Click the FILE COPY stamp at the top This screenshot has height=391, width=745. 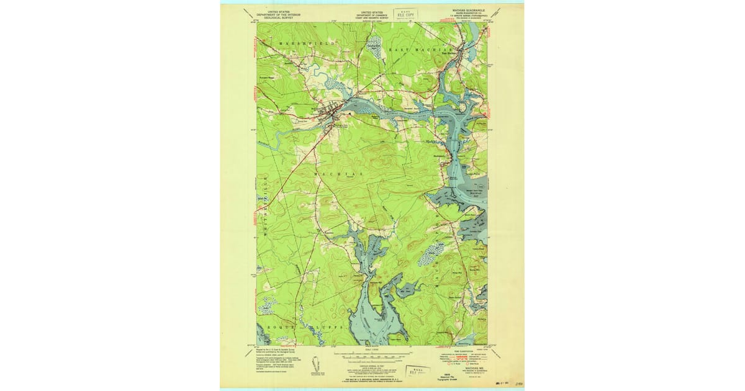click(x=407, y=13)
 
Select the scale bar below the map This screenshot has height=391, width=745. click(x=372, y=358)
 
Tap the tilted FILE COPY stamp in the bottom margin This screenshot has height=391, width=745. click(x=417, y=371)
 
